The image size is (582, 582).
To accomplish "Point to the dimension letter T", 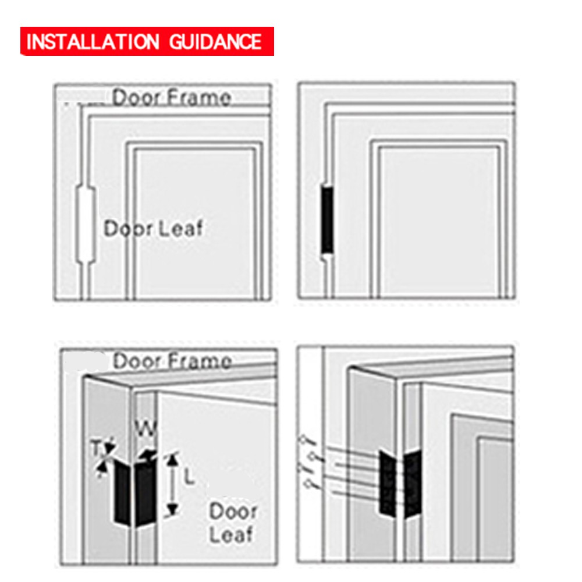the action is click(x=97, y=448).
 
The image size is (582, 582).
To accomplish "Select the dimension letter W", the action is click(x=144, y=431).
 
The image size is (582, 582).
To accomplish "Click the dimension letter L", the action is click(x=190, y=478).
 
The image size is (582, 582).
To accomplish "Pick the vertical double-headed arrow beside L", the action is click(x=172, y=485).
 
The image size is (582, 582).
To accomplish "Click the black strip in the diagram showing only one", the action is click(x=327, y=220).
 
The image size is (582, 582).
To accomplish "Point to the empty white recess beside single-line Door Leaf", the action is click(x=86, y=223).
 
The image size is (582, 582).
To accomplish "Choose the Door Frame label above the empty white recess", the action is click(x=172, y=97).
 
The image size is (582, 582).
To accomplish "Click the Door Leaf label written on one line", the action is click(x=154, y=228).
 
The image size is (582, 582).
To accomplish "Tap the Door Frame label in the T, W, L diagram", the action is click(x=172, y=361).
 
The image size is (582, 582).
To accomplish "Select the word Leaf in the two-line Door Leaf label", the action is click(x=232, y=534).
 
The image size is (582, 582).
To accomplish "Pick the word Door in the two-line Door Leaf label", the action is click(x=233, y=512).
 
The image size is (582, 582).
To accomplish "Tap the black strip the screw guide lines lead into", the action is click(x=387, y=483).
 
